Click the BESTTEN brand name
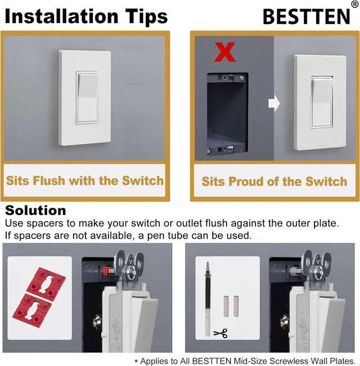pyautogui.click(x=306, y=17)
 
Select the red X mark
pyautogui.click(x=225, y=52)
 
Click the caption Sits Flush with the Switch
pyautogui.click(x=85, y=181)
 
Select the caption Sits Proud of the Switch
pyautogui.click(x=274, y=181)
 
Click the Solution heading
pyautogui.click(x=35, y=211)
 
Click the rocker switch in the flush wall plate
pyautogui.click(x=85, y=98)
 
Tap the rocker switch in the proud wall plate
pyautogui.click(x=321, y=101)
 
